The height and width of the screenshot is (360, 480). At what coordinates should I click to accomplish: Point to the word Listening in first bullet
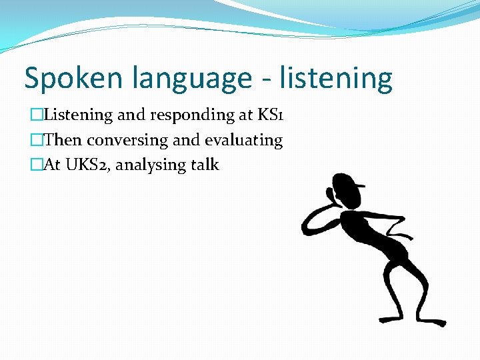click(x=79, y=115)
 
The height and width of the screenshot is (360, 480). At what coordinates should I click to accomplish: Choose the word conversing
click(x=127, y=140)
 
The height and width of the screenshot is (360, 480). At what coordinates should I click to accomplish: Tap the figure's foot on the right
click(x=433, y=321)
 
